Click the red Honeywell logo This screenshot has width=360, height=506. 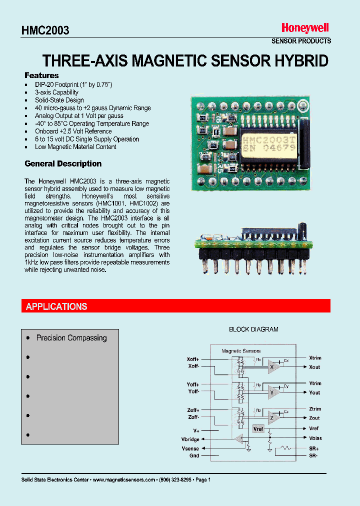coord(305,28)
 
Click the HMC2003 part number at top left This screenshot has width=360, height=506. coord(45,30)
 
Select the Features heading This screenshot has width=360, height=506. coord(41,75)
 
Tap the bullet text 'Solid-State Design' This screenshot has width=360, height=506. coord(59,100)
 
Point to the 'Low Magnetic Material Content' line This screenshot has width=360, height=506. coord(75,147)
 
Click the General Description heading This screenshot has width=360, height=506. coord(63,164)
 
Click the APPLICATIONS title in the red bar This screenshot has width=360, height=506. coord(56,306)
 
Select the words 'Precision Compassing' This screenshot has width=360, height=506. coord(71,338)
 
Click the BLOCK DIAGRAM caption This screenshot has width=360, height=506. coord(253,329)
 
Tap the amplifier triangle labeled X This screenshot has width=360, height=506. coord(272,366)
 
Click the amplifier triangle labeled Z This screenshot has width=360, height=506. coord(272,417)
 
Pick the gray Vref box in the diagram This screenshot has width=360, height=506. coord(258,429)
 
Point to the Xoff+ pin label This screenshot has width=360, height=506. coord(193,359)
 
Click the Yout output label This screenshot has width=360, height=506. coord(314,393)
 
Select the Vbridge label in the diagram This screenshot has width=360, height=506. coord(190,439)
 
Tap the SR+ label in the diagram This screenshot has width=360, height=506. coord(313,448)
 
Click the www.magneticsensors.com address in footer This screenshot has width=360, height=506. coord(124,479)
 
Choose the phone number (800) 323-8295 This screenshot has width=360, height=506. coord(175,479)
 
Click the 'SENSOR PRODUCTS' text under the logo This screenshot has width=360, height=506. coord(301,41)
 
